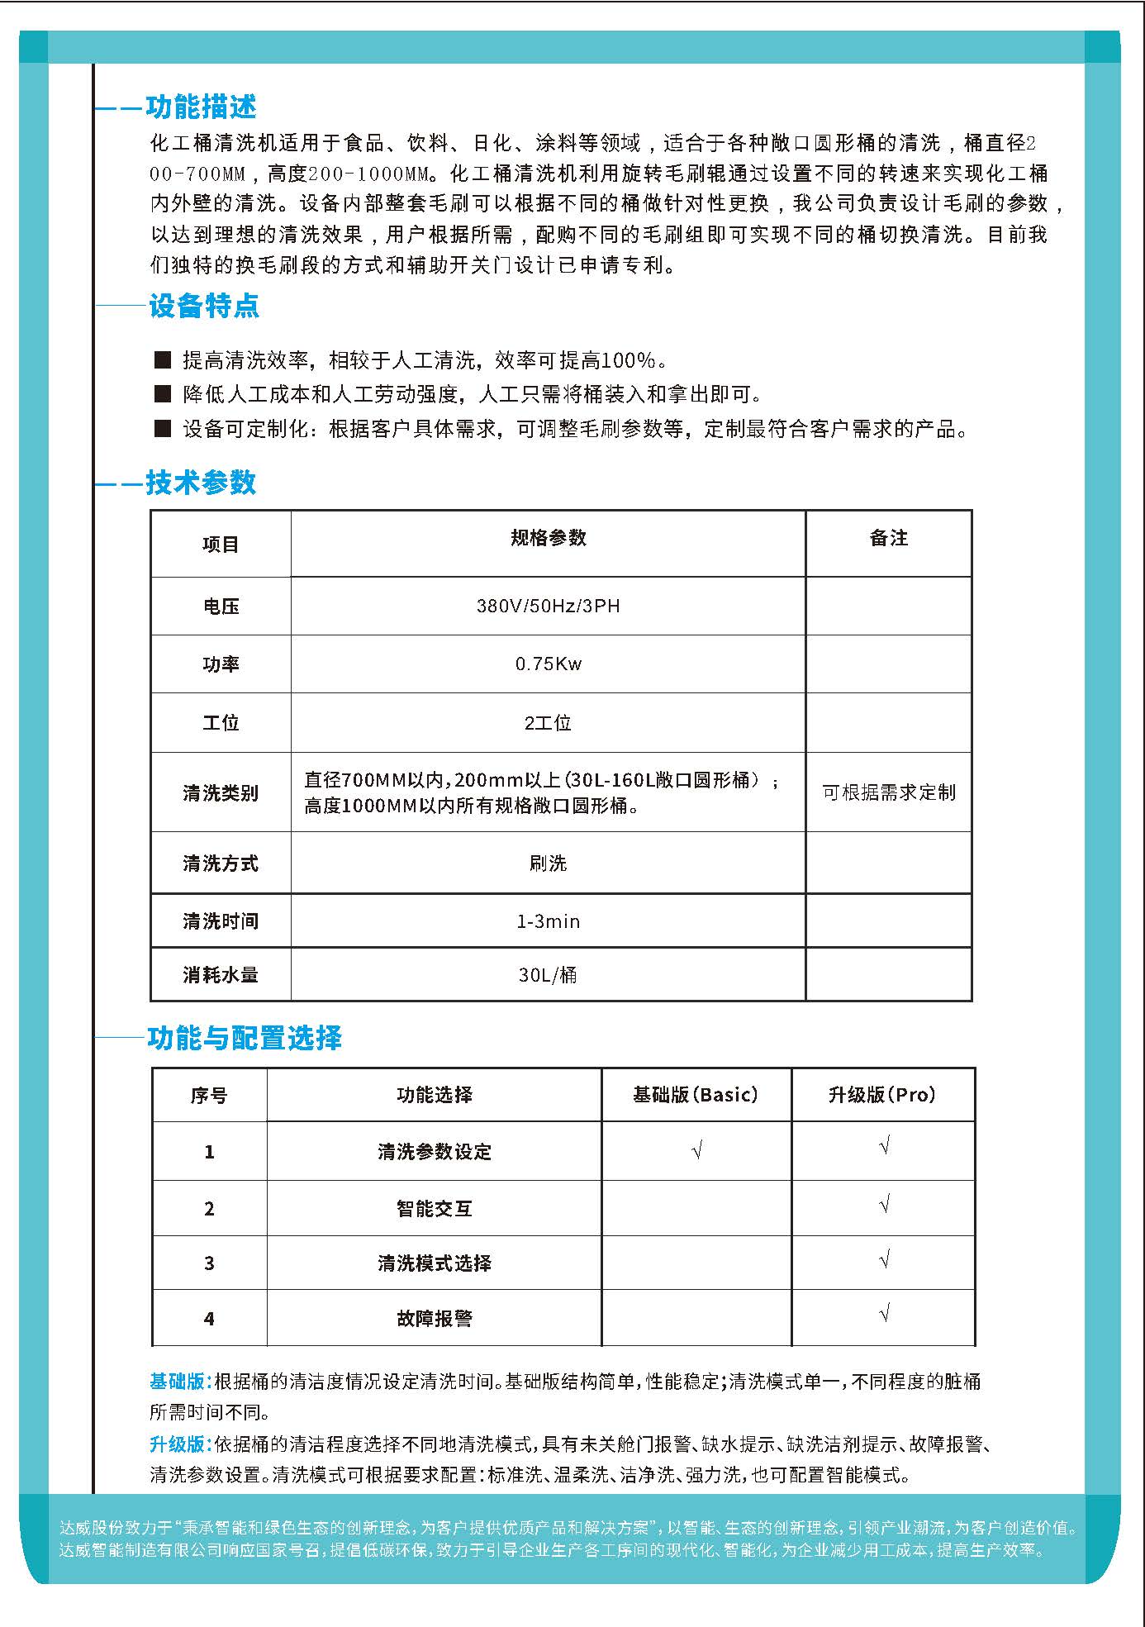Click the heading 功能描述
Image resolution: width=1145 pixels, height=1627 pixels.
201,107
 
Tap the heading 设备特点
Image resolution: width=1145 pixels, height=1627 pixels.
204,306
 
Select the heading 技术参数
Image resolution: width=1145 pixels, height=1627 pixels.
201,483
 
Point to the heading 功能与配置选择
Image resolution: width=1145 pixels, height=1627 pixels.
245,1038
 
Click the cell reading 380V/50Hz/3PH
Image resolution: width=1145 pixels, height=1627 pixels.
548,606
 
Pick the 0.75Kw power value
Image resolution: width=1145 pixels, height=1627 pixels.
548,664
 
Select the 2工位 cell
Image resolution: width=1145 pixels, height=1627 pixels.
548,722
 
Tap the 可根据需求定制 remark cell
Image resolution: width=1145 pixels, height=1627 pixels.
889,792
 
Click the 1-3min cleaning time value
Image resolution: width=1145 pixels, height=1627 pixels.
548,921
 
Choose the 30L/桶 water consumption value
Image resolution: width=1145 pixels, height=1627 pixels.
548,974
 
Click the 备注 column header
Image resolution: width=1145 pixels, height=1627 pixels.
889,538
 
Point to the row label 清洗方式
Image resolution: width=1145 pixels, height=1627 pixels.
221,863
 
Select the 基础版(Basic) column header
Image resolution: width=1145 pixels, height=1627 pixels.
696,1095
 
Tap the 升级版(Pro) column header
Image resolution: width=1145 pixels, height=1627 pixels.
882,1095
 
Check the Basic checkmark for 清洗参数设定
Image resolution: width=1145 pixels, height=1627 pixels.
696,1150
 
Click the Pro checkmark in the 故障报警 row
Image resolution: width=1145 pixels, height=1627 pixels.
884,1313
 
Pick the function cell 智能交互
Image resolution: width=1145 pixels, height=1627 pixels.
435,1209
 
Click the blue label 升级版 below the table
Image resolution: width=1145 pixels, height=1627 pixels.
177,1444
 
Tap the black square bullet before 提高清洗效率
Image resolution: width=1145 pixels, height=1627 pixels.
163,359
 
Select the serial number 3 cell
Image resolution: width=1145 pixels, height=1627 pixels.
209,1263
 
